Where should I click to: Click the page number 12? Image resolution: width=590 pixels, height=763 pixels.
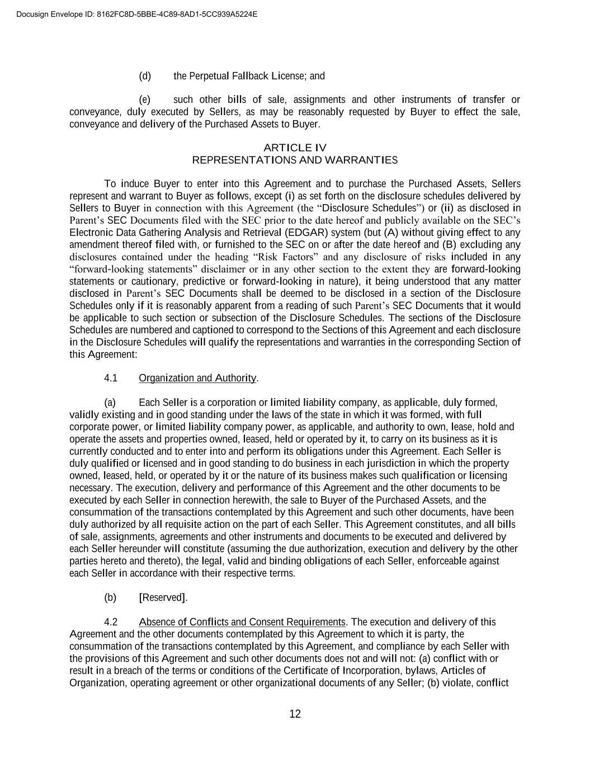click(x=295, y=714)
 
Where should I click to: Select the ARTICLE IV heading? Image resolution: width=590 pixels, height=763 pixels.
click(x=295, y=148)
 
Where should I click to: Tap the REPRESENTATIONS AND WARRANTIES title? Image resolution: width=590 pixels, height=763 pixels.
click(x=295, y=160)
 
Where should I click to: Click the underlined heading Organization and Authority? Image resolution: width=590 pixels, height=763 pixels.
click(x=197, y=378)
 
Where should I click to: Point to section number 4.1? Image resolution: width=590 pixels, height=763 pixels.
click(x=111, y=378)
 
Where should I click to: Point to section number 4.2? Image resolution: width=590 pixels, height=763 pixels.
click(x=111, y=622)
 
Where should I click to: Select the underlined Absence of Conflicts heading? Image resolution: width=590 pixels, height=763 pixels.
click(x=242, y=622)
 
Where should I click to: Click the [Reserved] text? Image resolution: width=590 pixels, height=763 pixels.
click(x=163, y=598)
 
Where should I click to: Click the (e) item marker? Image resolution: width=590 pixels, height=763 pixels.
click(x=145, y=100)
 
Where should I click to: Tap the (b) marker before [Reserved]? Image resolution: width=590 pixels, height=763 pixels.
click(x=110, y=598)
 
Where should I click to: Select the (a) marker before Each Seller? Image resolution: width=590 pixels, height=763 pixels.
click(x=110, y=402)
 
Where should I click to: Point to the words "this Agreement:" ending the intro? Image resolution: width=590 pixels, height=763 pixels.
click(x=103, y=354)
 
